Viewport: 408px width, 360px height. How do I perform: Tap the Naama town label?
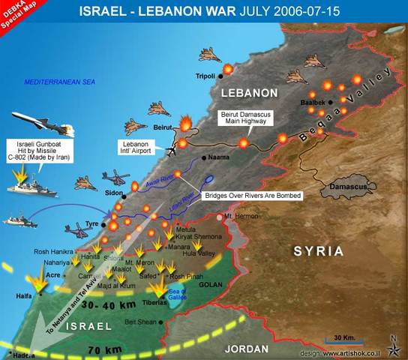[x=220, y=158]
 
